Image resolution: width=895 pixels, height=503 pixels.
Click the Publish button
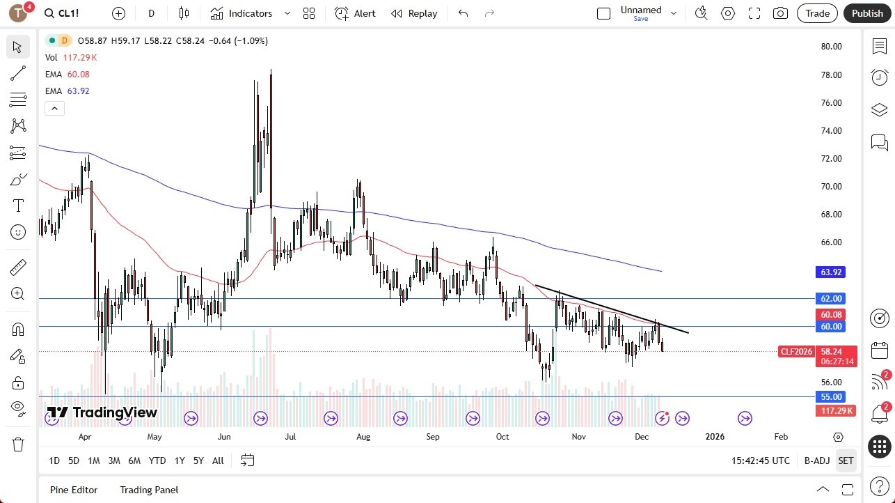click(866, 13)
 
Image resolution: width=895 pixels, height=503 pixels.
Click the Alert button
click(355, 13)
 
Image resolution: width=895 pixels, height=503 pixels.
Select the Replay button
click(414, 13)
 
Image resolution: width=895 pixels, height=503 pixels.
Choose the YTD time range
click(157, 461)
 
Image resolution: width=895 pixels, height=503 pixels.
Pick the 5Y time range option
click(198, 461)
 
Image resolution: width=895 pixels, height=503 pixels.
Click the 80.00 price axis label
click(831, 47)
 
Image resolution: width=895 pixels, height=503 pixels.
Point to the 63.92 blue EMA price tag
click(832, 272)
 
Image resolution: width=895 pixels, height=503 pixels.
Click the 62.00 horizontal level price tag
click(832, 298)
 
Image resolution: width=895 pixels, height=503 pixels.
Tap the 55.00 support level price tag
click(832, 397)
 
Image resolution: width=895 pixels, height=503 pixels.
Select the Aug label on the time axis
click(363, 437)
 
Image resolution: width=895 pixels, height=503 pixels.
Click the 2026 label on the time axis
click(715, 437)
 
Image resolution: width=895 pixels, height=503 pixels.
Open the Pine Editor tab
click(74, 490)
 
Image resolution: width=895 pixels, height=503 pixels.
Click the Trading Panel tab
click(149, 490)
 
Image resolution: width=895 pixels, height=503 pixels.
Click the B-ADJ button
click(817, 461)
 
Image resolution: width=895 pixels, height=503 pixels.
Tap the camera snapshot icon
click(781, 13)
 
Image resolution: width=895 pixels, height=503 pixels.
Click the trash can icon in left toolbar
click(18, 444)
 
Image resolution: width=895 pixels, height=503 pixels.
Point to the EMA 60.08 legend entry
click(68, 75)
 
